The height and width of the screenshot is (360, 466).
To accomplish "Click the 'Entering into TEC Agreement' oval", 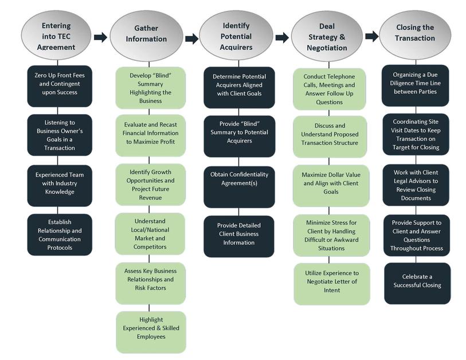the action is pyautogui.click(x=56, y=36).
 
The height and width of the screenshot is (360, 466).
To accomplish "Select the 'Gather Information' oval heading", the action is pyautogui.click(x=146, y=36).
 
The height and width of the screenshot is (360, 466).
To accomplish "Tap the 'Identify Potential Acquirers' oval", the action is pyautogui.click(x=236, y=36).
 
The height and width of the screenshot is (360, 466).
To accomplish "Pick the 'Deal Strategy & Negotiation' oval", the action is pyautogui.click(x=327, y=37).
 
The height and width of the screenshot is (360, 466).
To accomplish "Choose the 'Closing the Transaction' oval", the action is pyautogui.click(x=415, y=35).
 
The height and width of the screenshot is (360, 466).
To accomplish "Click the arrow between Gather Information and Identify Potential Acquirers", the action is pyautogui.click(x=191, y=38).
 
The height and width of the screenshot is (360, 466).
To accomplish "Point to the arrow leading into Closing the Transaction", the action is pyautogui.click(x=372, y=36).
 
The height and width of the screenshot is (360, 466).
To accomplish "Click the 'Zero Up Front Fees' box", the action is pyautogui.click(x=60, y=86).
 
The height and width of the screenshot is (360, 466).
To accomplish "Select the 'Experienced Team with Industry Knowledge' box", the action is pyautogui.click(x=60, y=186).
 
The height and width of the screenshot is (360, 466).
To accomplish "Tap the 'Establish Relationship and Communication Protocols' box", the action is pyautogui.click(x=60, y=234).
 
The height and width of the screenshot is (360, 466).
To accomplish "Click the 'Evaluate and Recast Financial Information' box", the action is pyautogui.click(x=150, y=135).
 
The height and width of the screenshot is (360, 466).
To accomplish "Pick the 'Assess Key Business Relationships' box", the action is pyautogui.click(x=150, y=283).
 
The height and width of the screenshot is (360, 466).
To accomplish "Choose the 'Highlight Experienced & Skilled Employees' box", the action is pyautogui.click(x=151, y=332).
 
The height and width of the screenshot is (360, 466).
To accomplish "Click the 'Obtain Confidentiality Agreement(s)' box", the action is pyautogui.click(x=239, y=187).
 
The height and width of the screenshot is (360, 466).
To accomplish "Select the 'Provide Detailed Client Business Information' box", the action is pyautogui.click(x=239, y=236).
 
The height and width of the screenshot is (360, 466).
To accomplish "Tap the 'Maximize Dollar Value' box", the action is pyautogui.click(x=331, y=186).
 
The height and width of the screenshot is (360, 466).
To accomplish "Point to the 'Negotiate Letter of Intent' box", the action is pyautogui.click(x=332, y=284).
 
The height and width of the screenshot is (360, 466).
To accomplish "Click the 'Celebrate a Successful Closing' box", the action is pyautogui.click(x=417, y=283).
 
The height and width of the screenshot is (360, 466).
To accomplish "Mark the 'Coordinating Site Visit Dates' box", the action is pyautogui.click(x=416, y=134).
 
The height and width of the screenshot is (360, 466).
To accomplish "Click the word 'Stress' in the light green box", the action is pyautogui.click(x=338, y=222).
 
